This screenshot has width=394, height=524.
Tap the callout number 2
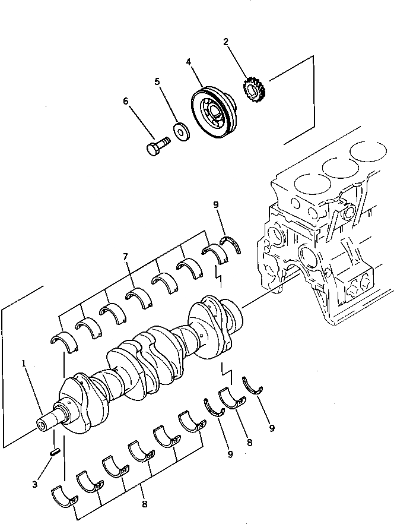[x=226, y=42]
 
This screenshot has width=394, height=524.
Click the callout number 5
[x=157, y=81]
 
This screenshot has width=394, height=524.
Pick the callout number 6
[x=126, y=102]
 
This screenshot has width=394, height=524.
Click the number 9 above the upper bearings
[x=216, y=205]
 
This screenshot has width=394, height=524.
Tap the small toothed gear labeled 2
[x=255, y=89]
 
